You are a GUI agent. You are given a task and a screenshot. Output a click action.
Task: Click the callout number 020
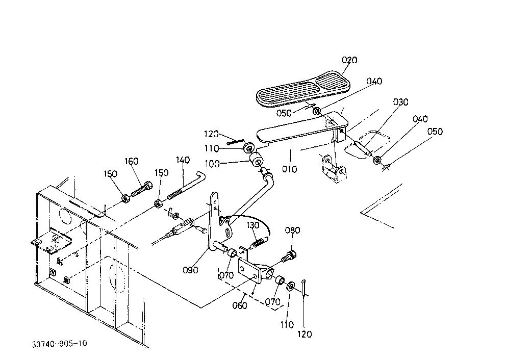349,60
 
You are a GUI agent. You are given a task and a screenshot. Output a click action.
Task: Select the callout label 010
289,169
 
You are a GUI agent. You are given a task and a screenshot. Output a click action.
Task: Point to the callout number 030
400,102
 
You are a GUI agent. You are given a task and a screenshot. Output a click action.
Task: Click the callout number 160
132,161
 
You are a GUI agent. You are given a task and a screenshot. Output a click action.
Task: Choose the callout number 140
183,160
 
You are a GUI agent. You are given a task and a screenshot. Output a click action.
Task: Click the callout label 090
190,270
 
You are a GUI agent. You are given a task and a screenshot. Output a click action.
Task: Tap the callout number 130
253,225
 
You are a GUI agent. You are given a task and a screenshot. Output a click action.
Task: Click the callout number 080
292,230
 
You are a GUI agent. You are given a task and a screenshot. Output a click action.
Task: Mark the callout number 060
240,305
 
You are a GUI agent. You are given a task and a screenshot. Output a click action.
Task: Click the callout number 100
212,164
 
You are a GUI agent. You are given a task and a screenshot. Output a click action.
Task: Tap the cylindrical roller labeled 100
257,160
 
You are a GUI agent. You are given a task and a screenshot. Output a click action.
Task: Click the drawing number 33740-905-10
59,344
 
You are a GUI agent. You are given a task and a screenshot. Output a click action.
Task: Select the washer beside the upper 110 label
249,148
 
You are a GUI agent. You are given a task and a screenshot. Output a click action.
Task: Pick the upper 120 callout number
211,134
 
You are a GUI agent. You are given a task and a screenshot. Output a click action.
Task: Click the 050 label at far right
435,132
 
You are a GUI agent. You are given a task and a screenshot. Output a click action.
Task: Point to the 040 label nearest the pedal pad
374,81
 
